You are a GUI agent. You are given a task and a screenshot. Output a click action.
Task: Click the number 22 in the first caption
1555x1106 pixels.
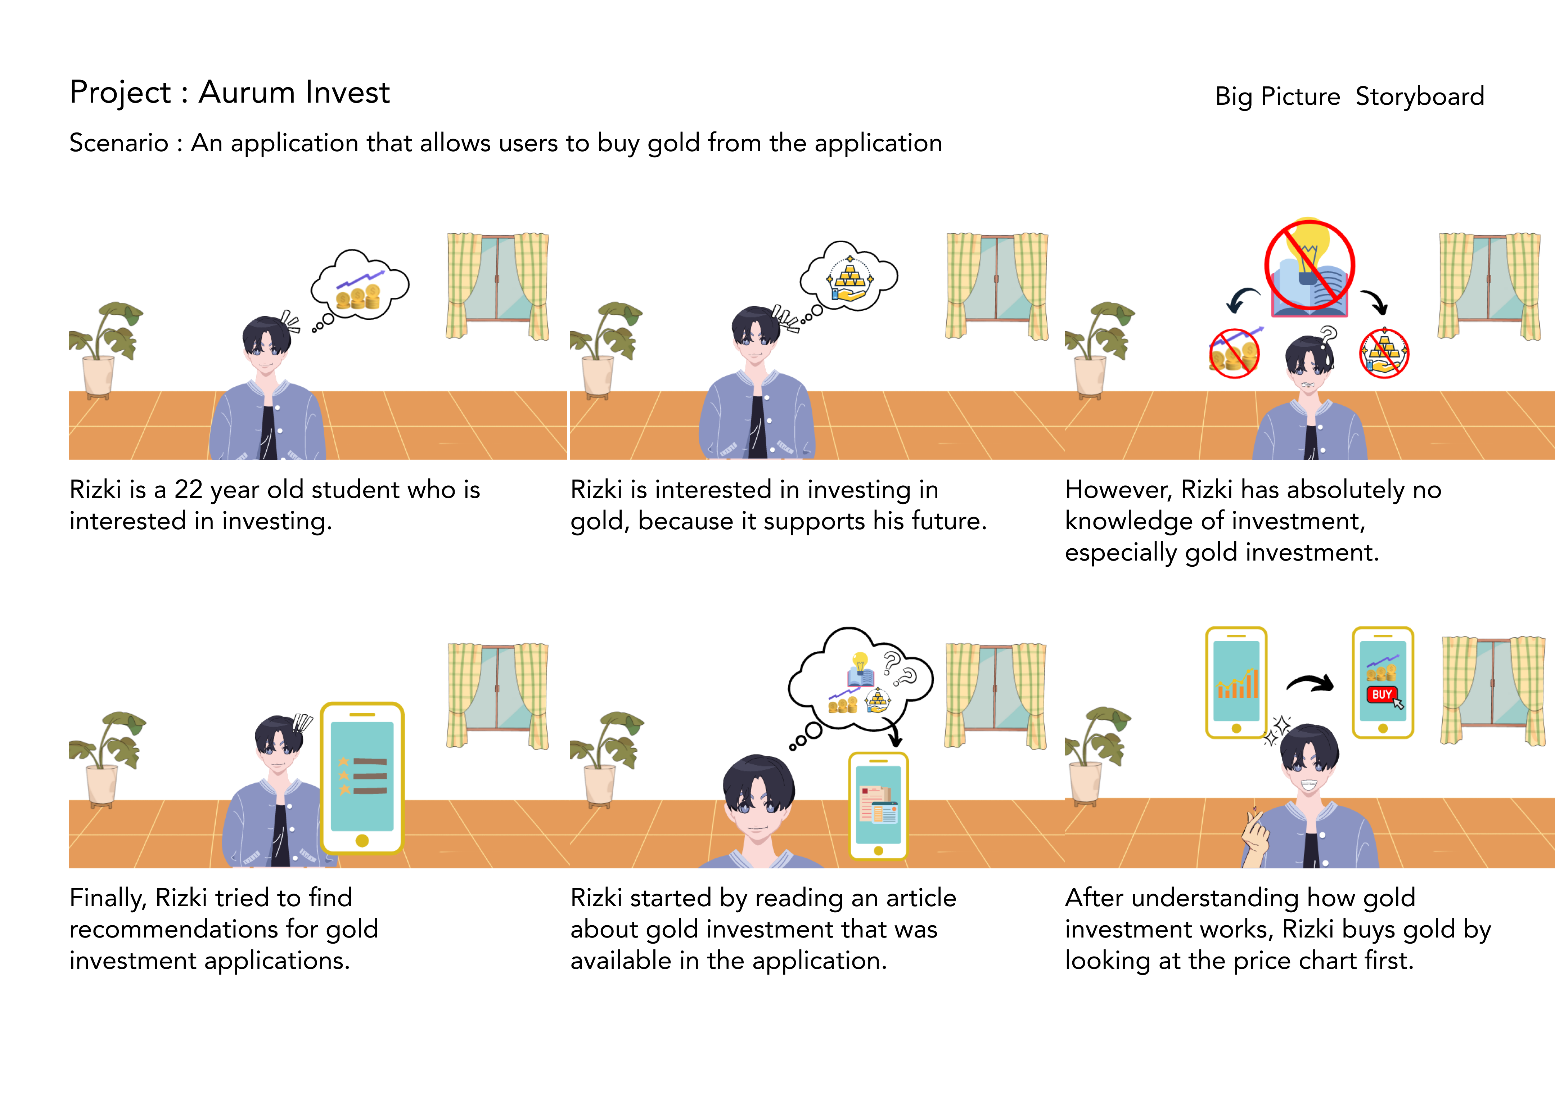[x=189, y=490]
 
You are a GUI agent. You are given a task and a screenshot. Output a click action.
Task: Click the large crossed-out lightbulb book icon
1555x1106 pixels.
[x=1309, y=267]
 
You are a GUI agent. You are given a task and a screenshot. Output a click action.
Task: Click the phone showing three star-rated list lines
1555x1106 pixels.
[x=362, y=777]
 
